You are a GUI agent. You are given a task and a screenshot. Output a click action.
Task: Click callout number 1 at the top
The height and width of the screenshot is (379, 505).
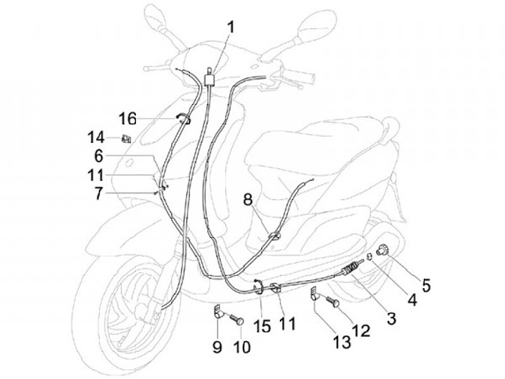point(231,29)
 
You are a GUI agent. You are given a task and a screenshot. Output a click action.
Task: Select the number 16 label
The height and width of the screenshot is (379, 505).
point(127,118)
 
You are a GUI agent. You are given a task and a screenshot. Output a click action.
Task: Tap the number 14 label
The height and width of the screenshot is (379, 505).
point(95,137)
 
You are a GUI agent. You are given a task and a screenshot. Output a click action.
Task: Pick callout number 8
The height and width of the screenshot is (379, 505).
point(247,200)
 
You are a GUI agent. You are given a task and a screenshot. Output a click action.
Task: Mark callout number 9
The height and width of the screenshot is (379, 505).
point(217,345)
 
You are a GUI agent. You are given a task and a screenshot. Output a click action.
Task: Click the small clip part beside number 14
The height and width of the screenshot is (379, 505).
point(126,137)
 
